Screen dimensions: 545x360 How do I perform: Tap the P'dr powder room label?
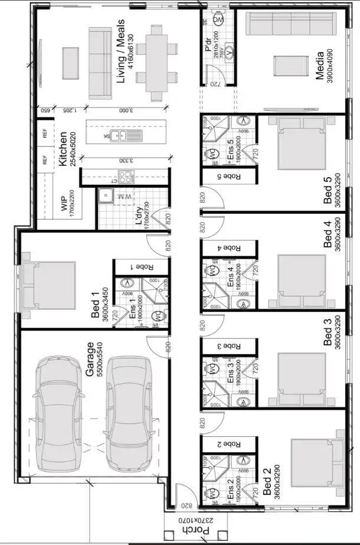208,47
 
